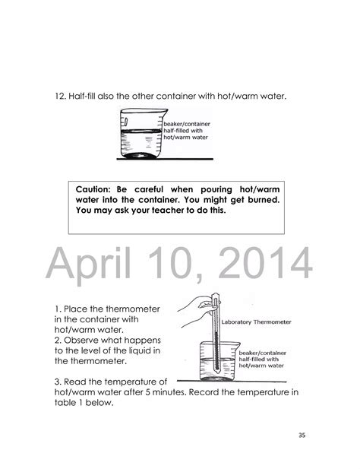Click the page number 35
pos(302,436)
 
